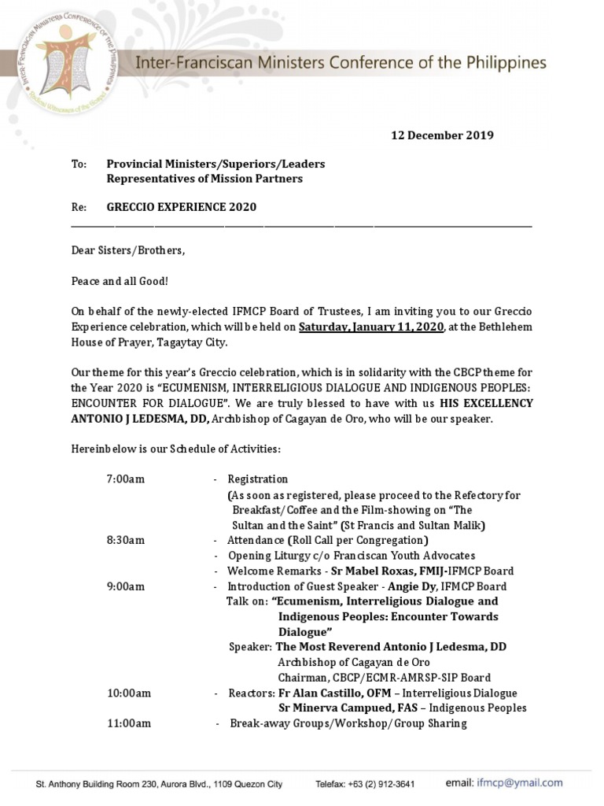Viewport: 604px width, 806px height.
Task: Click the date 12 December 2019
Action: click(442, 135)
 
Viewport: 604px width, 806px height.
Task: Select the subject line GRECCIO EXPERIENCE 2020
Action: click(181, 207)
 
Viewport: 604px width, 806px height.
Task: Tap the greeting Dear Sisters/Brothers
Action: click(128, 250)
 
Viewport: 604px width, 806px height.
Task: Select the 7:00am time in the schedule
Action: click(126, 479)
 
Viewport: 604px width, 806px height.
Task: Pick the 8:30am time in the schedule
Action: click(126, 541)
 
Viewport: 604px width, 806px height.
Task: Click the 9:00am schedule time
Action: click(126, 586)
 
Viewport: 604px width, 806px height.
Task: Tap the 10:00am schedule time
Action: click(129, 693)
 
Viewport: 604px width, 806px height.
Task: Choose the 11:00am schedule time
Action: click(129, 723)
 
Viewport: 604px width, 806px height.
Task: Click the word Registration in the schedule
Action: click(257, 479)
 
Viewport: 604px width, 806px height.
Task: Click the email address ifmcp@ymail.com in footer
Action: click(519, 783)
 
